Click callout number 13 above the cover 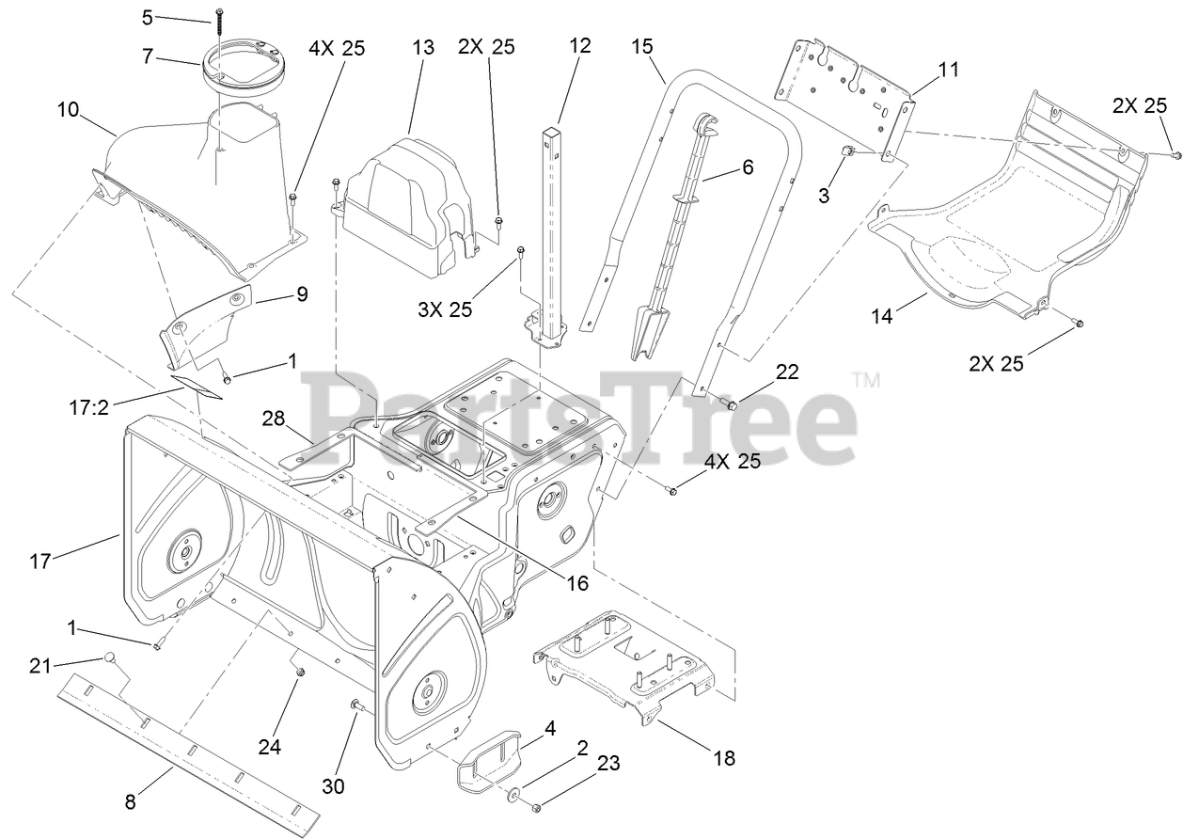pos(423,47)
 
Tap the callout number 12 pos(580,44)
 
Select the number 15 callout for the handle pos(642,47)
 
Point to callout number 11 pos(948,69)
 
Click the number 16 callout pos(576,583)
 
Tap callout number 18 pos(723,757)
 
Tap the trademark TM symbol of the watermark pos(865,381)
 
